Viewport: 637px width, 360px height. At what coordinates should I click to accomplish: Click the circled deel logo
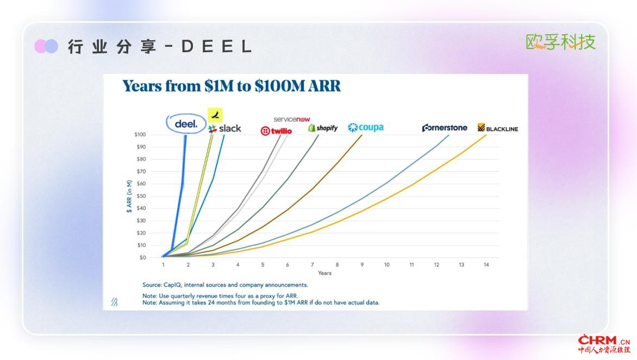pos(186,123)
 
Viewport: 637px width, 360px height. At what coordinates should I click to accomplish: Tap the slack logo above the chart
pos(224,129)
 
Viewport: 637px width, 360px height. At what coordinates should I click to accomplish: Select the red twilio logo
pos(276,131)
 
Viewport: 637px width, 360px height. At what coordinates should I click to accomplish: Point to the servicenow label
pos(292,119)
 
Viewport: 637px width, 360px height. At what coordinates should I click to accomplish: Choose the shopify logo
pos(323,128)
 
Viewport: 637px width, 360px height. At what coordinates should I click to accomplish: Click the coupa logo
pos(366,128)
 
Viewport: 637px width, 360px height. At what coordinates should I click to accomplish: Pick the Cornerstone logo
pos(445,128)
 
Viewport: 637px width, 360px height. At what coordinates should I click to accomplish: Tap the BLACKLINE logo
pos(498,128)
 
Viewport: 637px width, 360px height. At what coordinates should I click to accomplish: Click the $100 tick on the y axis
pos(140,134)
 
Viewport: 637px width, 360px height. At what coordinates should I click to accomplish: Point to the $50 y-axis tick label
pos(141,196)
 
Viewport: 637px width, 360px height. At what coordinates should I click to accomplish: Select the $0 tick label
pos(142,258)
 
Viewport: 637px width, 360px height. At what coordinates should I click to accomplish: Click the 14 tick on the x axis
pos(486,265)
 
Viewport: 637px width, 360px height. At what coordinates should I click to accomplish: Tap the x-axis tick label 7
pos(312,265)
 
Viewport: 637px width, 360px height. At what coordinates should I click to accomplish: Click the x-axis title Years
pos(324,273)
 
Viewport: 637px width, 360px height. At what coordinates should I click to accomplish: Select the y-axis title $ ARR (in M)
pos(129,196)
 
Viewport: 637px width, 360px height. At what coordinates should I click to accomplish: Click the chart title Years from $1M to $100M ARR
pos(232,86)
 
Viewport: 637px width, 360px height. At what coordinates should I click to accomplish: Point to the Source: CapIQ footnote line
pos(225,285)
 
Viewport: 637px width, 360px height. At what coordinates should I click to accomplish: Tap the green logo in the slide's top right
pos(560,42)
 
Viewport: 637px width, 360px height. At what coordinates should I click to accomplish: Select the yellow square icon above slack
pos(215,115)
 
